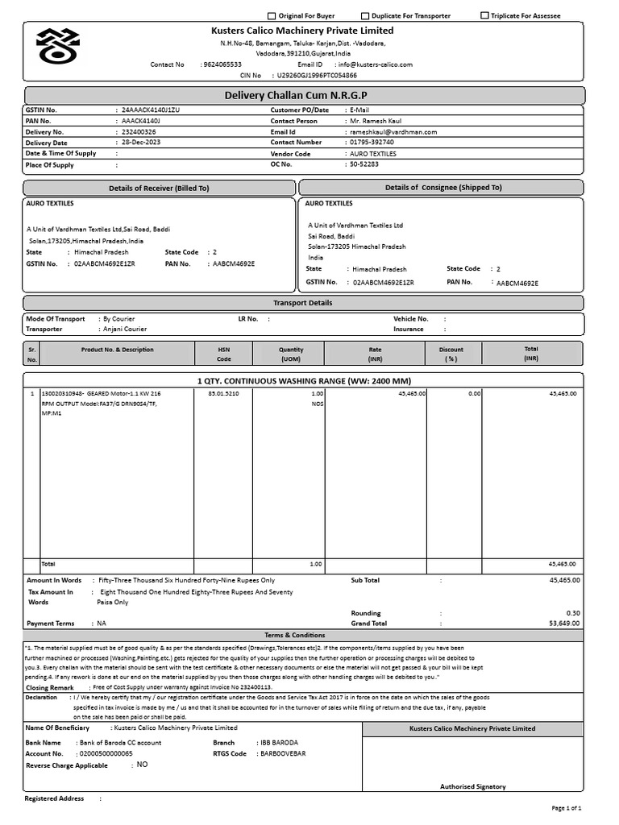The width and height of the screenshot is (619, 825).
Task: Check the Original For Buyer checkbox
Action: click(272, 16)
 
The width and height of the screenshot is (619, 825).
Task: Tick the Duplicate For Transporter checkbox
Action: click(365, 16)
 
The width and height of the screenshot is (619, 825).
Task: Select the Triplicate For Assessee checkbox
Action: click(484, 16)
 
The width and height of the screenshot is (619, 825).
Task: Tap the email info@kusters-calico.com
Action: click(376, 64)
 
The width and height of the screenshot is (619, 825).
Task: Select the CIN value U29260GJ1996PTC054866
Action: click(317, 75)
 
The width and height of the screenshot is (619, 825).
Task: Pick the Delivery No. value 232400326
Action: click(139, 131)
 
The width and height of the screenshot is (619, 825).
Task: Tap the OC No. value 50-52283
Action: click(364, 164)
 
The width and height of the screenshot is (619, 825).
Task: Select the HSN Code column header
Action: click(223, 354)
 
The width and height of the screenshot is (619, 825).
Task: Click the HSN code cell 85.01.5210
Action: click(223, 393)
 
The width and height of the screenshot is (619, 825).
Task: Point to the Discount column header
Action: click(451, 354)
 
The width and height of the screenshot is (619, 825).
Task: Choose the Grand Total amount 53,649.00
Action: click(563, 624)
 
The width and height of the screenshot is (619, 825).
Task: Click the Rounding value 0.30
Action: click(572, 613)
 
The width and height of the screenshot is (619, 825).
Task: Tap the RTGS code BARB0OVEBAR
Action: click(283, 754)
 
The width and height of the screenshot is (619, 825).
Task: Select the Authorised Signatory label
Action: click(472, 786)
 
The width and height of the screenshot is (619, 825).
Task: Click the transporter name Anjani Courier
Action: click(123, 330)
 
